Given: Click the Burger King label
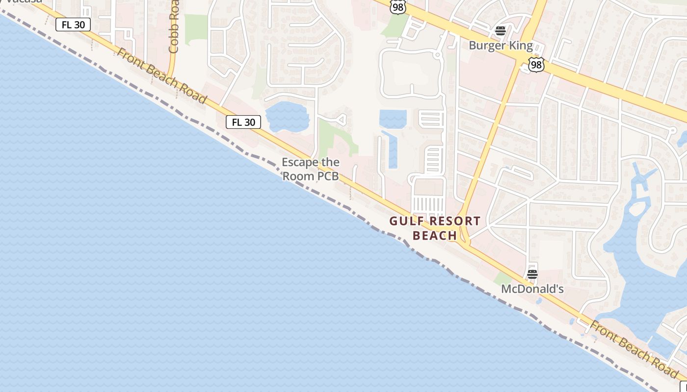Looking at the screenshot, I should [501, 46].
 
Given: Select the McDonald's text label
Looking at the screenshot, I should [532, 289].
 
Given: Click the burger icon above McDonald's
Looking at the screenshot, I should [532, 274].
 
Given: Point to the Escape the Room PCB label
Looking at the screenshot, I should [311, 169].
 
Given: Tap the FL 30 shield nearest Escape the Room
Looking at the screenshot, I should [243, 122].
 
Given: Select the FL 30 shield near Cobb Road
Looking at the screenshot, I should [73, 24].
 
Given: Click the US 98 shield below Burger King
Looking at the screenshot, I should [536, 64].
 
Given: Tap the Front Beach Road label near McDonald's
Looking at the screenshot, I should [633, 348].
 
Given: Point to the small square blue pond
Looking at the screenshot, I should [393, 119].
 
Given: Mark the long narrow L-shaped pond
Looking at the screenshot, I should [391, 150].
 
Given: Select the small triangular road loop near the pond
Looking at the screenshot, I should [341, 119].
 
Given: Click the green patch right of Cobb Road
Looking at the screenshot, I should [196, 27].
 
